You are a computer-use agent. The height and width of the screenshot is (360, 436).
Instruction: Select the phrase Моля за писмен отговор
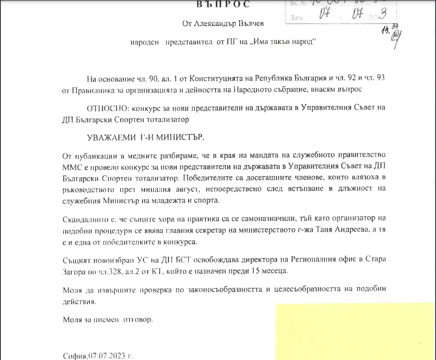pyautogui.click(x=107, y=320)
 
